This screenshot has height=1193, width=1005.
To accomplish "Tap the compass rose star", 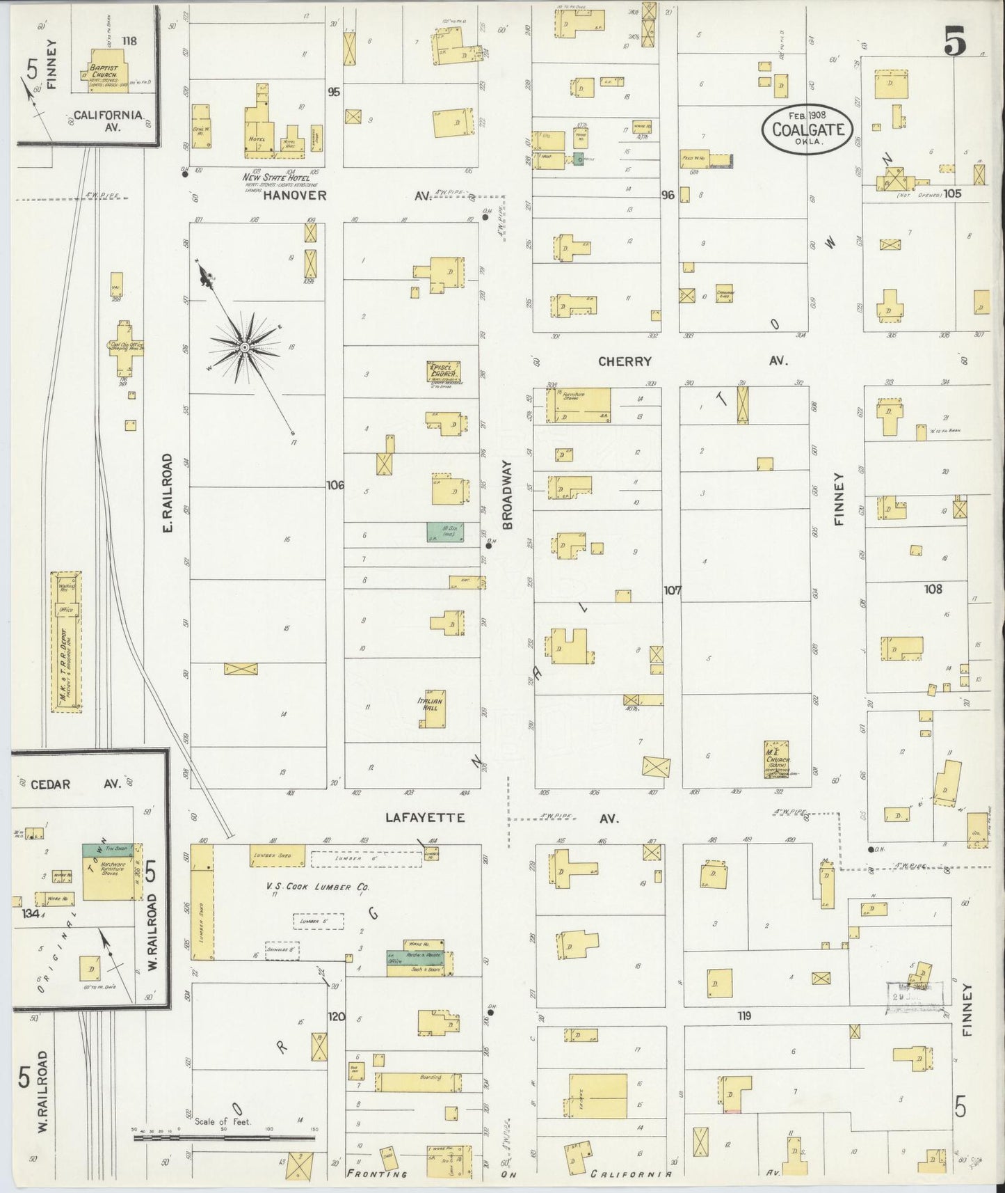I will pos(244,346).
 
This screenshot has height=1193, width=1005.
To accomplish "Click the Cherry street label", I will pos(625,361).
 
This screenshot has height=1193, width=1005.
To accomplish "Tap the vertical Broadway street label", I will pos(507,493).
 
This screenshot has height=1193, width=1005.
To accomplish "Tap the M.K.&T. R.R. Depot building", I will pos(67,642).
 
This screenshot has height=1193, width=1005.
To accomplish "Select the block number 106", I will pos(335,484).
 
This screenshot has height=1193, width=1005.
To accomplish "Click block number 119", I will pos(744,1016).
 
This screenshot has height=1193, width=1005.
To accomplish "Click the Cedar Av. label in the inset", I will pos(70,784).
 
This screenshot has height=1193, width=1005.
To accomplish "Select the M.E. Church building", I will pos(776,759).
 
